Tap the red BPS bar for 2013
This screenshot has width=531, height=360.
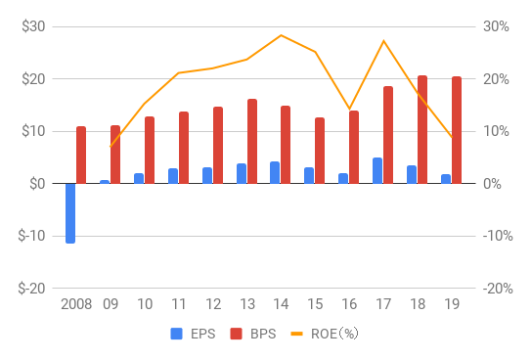(252, 141)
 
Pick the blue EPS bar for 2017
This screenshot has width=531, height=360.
(377, 170)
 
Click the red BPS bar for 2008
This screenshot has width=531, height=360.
(81, 155)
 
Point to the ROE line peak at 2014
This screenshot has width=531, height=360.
(282, 35)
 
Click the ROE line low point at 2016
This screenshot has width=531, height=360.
(349, 109)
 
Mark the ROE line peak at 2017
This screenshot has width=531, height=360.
(383, 40)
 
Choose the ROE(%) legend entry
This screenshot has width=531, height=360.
(323, 334)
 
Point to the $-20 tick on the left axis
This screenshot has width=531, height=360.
(32, 288)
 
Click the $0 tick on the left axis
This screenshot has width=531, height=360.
(38, 183)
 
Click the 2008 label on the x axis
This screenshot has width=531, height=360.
(75, 304)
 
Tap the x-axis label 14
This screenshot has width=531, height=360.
(281, 304)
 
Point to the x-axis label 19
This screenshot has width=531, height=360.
(451, 304)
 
